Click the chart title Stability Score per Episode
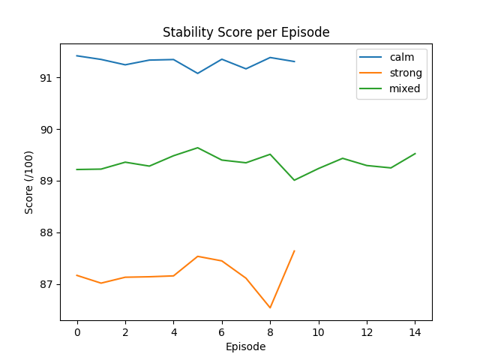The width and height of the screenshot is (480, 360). tap(246, 33)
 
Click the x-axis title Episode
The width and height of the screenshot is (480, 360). tap(246, 346)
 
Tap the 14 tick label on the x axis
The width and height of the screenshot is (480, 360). tap(415, 331)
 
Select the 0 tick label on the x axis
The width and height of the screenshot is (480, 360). tap(77, 331)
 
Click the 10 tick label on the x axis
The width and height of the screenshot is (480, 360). tap(318, 331)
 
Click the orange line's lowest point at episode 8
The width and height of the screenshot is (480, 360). tap(270, 307)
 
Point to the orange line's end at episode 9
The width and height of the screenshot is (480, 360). tap(294, 250)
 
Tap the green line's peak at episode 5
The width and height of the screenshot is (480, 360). tap(198, 148)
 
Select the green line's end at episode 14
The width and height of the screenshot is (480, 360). tap(415, 154)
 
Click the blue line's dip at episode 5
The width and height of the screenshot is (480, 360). tap(198, 73)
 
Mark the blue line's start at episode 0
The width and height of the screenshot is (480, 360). tap(77, 55)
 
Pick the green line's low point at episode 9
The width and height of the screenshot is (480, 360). tap(294, 180)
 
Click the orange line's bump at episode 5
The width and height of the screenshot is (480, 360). tap(198, 256)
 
